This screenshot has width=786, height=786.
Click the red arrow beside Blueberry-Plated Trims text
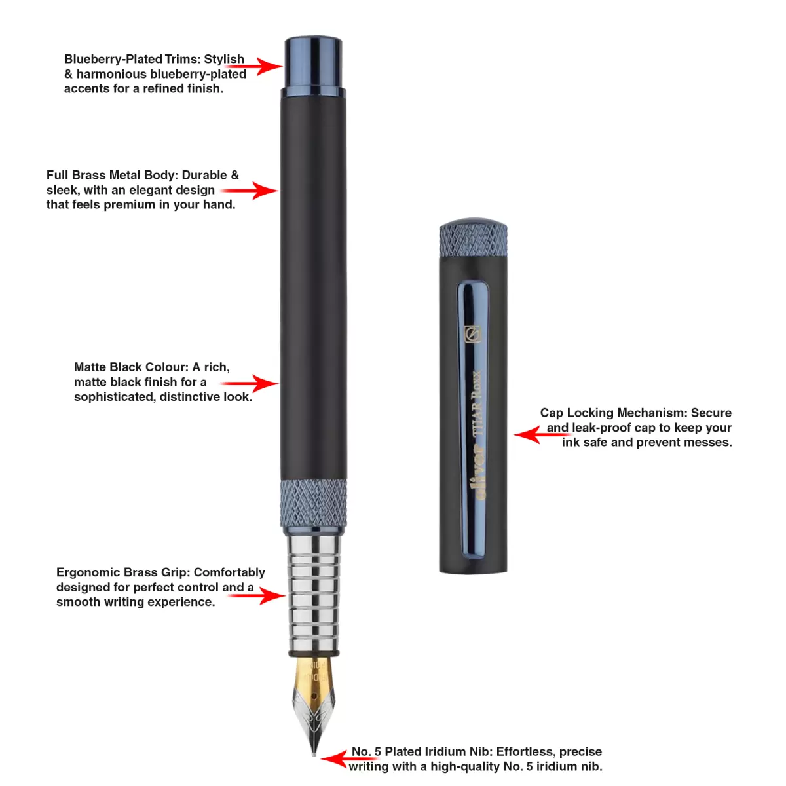pos(253,65)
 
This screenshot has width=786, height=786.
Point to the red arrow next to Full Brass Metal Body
pos(250,190)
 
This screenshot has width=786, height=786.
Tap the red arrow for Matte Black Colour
pos(250,383)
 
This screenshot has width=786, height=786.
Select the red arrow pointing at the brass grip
pos(257,595)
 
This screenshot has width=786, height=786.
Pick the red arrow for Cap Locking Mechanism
pos(542,434)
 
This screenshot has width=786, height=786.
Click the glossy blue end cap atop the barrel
pos(313,67)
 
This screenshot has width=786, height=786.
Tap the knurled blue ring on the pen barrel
pos(313,503)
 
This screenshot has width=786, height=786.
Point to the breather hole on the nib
pos(314,696)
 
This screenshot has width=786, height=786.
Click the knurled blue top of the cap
pos(473,237)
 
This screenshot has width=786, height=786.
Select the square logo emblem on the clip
pos(473,333)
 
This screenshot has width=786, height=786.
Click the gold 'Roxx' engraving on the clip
pos(476,385)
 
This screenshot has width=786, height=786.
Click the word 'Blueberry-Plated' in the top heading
pos(113,59)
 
